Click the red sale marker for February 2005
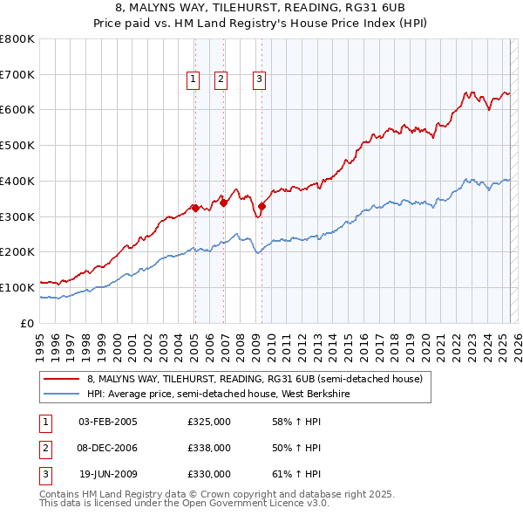tap(195, 208)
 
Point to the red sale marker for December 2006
tap(224, 203)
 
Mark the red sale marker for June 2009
tap(261, 206)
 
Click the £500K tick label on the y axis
tap(17, 145)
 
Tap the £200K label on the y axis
tap(17, 251)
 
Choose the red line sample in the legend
tap(61, 379)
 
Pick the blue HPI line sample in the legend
tap(61, 394)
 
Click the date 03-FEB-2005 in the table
tap(107, 422)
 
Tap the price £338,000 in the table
tap(209, 448)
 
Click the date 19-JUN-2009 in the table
tap(107, 474)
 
